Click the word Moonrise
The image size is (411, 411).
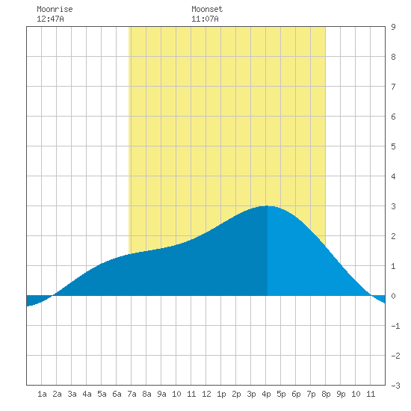55,9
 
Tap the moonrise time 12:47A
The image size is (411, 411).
50,19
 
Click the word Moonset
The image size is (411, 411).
207,9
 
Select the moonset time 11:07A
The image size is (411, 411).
205,19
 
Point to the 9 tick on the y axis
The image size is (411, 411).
393,27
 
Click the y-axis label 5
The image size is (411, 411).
393,146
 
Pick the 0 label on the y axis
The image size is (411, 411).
393,296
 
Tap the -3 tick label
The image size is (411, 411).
395,386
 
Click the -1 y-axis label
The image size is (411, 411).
395,326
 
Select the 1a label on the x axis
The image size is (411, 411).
42,394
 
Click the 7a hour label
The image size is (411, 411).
132,394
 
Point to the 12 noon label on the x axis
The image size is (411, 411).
206,394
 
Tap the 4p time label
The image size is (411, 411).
266,394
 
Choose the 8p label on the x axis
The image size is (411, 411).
326,394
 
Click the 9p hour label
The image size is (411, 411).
341,394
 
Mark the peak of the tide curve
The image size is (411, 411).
268,206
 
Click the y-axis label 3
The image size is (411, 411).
393,206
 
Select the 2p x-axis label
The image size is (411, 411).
236,394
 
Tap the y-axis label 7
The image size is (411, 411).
393,87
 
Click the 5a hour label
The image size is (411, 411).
102,394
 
